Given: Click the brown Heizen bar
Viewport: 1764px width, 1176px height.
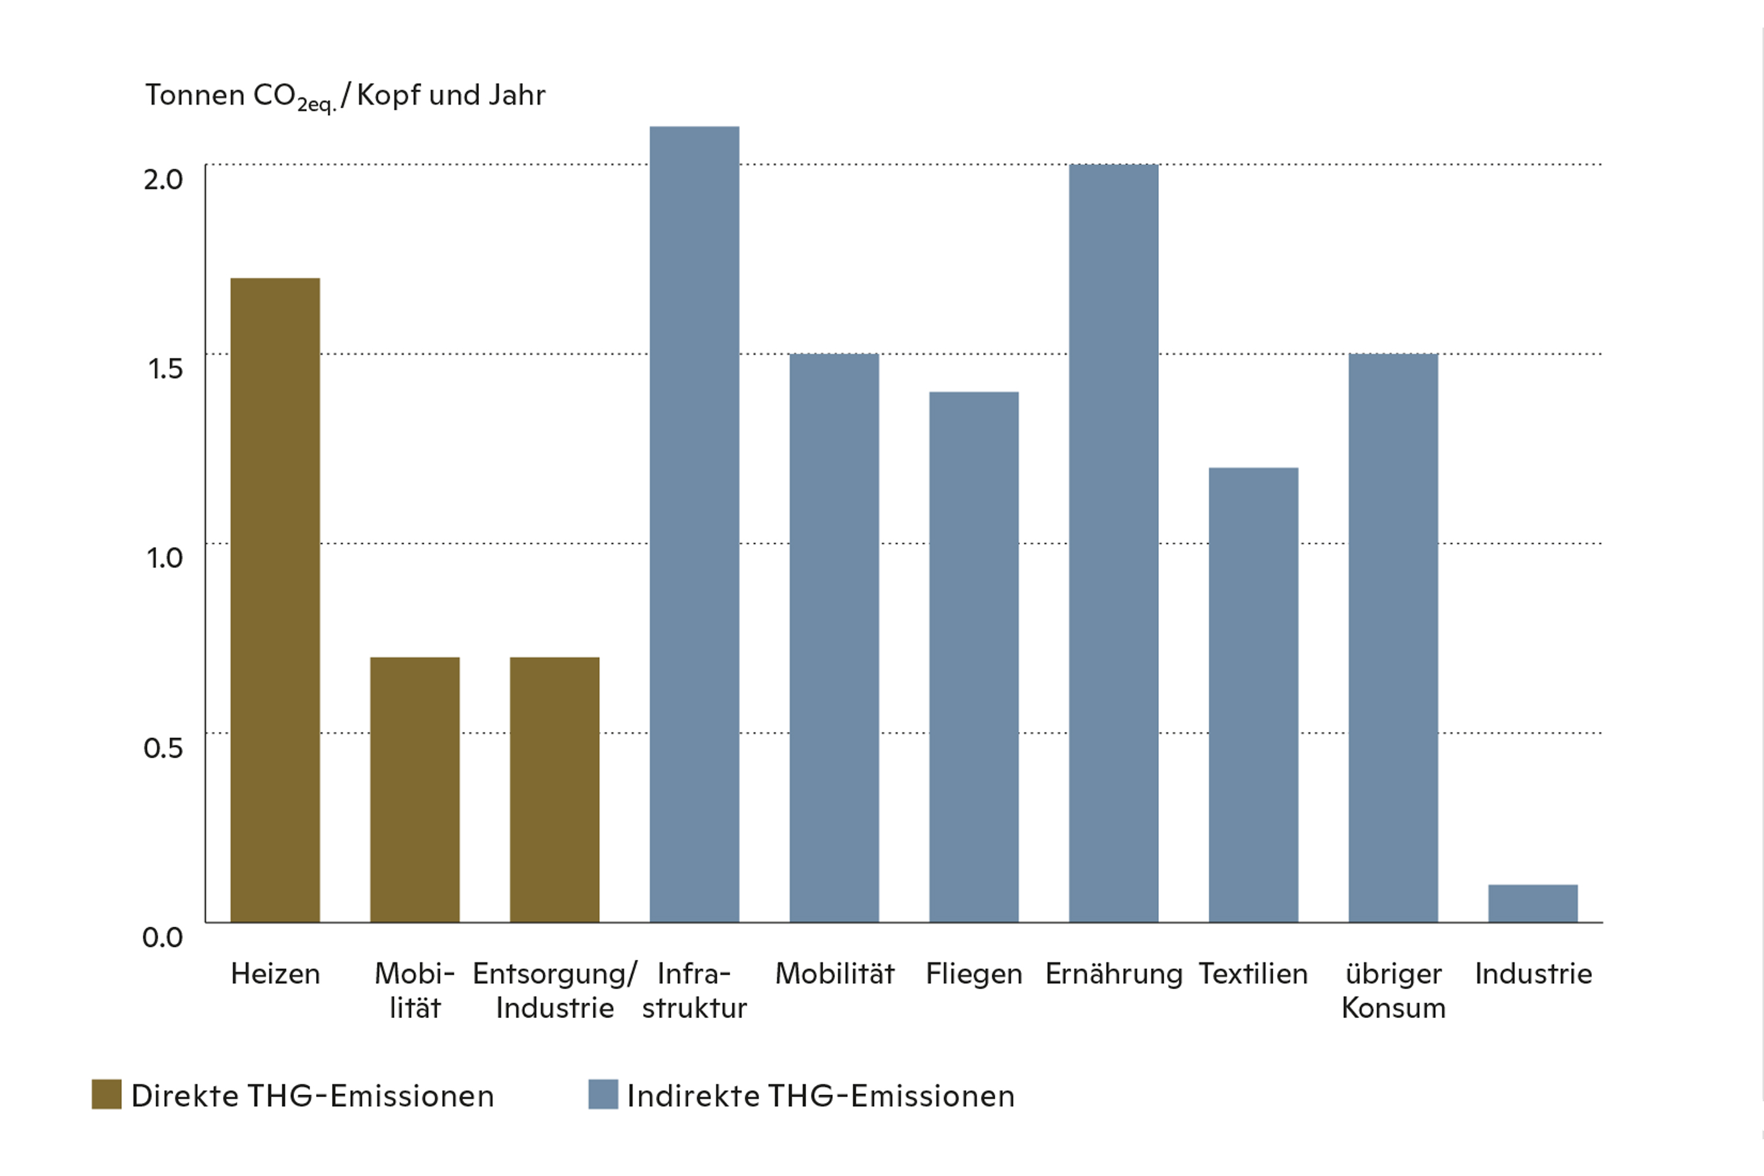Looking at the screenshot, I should [x=275, y=600].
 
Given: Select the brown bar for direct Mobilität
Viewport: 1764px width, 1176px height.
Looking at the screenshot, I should [x=415, y=789].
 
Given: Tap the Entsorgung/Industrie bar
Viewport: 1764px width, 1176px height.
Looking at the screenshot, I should [x=554, y=789].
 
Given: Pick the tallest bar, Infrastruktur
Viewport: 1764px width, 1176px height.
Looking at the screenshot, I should [x=694, y=524].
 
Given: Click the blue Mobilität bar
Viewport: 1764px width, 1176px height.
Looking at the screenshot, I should [x=834, y=638].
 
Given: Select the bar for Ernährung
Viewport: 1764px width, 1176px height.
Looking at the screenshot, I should [x=1113, y=543].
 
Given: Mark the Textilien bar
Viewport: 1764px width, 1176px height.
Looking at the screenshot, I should [x=1253, y=695].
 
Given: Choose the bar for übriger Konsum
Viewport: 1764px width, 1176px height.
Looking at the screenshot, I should [x=1393, y=638].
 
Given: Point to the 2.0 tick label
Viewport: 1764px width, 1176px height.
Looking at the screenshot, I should [x=163, y=180].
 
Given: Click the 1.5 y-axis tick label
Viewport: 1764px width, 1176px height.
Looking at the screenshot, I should [x=165, y=369].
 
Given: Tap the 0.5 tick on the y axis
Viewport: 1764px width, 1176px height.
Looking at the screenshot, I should [x=163, y=748].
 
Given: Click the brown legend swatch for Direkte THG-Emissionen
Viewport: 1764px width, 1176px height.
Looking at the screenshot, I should [x=107, y=1095].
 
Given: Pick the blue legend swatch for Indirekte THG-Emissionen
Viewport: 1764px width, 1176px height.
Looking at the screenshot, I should [x=603, y=1095].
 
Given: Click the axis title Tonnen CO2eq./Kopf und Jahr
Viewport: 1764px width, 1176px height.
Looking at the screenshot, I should [x=345, y=96].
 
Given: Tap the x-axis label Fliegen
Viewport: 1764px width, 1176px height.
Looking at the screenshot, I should [x=973, y=973].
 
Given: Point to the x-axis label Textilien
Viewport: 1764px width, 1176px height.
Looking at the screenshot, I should [x=1253, y=973].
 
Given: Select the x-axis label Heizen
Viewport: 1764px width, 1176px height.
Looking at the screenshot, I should [x=275, y=973].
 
